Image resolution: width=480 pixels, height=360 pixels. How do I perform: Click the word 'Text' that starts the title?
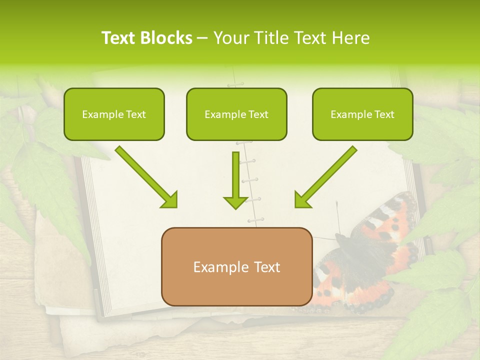pos(118,38)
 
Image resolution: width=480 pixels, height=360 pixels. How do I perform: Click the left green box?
pos(114,114)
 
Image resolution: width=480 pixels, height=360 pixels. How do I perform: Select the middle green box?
pos(236,114)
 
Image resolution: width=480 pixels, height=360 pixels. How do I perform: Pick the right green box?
pos(362,114)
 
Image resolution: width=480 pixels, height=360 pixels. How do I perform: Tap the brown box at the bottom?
pos(236,266)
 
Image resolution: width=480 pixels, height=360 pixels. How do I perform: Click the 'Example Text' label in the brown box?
pos(236,267)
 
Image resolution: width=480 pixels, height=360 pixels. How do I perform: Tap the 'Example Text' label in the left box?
pos(114,114)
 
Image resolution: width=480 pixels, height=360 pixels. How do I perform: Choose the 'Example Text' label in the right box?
pos(362,114)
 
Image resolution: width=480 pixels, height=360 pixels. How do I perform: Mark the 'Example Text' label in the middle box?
pos(236,114)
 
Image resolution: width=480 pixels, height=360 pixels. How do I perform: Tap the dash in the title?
pos(203,38)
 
